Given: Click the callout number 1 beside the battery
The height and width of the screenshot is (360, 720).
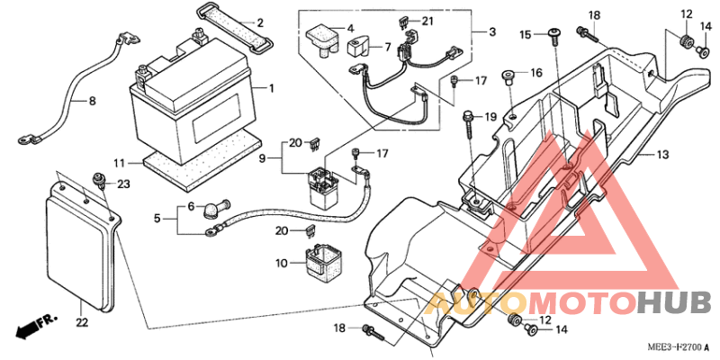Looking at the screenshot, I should [269, 88].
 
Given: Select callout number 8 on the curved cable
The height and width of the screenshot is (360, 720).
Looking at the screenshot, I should [91, 102].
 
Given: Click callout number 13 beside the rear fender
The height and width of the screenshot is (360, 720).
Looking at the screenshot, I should [662, 155].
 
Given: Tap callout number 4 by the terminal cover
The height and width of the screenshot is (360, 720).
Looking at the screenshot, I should [350, 28].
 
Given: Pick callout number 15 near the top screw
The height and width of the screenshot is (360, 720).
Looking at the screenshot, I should [525, 34].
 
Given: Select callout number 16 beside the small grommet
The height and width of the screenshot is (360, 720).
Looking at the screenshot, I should [535, 73].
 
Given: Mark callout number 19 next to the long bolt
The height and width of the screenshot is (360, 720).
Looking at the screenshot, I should [490, 117].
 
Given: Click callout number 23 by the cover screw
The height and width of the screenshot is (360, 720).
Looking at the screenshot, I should [123, 184].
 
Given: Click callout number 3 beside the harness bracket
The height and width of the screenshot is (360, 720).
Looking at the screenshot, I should [491, 32].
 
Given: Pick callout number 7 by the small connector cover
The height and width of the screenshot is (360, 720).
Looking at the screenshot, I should [388, 47].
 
